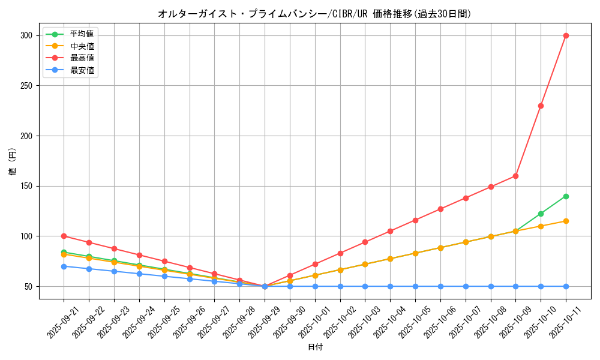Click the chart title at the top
314,14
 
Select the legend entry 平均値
82,34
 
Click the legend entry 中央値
82,46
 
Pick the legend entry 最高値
82,58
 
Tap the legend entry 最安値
82,70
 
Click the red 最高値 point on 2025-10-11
566,35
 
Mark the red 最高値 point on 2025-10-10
541,106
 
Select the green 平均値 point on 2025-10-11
566,196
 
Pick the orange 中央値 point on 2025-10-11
566,221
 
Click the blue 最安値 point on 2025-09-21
64,266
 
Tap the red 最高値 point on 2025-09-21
64,236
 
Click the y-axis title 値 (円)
12,161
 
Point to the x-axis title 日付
315,347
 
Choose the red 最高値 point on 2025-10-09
515,176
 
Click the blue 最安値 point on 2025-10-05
415,286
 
